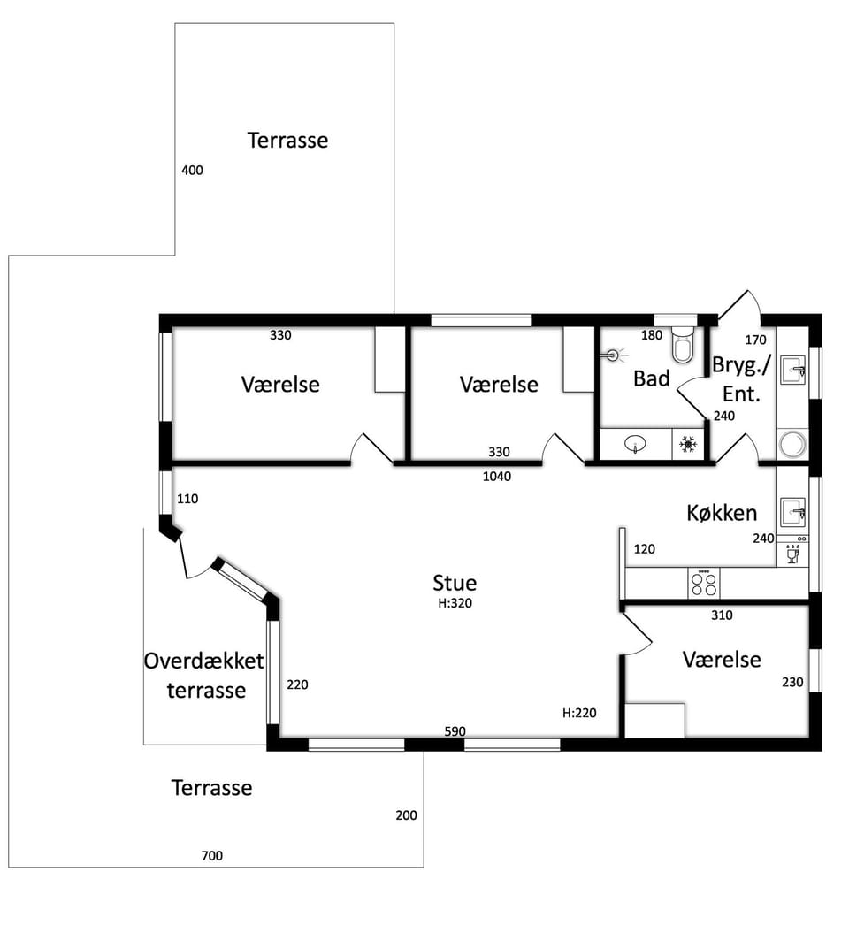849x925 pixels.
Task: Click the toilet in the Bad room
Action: (x=684, y=343)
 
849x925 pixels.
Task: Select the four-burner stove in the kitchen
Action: (x=704, y=583)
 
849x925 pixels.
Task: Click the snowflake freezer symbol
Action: (x=688, y=444)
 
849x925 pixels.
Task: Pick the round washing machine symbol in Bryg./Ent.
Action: (x=792, y=444)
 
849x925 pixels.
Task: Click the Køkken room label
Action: (x=722, y=513)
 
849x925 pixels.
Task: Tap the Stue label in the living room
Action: (x=455, y=582)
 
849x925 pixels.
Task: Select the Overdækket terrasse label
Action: (x=204, y=675)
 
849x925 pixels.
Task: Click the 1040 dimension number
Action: (x=497, y=476)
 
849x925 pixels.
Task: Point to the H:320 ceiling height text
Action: (x=455, y=603)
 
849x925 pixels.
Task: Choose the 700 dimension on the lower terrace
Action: (x=211, y=855)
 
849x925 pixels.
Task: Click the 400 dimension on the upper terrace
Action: (x=192, y=171)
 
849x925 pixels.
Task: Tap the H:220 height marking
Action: (x=579, y=713)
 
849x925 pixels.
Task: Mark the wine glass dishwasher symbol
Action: (x=793, y=554)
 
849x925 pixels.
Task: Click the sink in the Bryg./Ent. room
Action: (x=793, y=370)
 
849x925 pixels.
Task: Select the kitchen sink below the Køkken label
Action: (x=793, y=511)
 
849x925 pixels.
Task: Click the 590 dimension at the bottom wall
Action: (x=455, y=731)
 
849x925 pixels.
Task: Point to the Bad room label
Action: (x=652, y=378)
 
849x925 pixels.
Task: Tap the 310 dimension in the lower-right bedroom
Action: (x=722, y=615)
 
